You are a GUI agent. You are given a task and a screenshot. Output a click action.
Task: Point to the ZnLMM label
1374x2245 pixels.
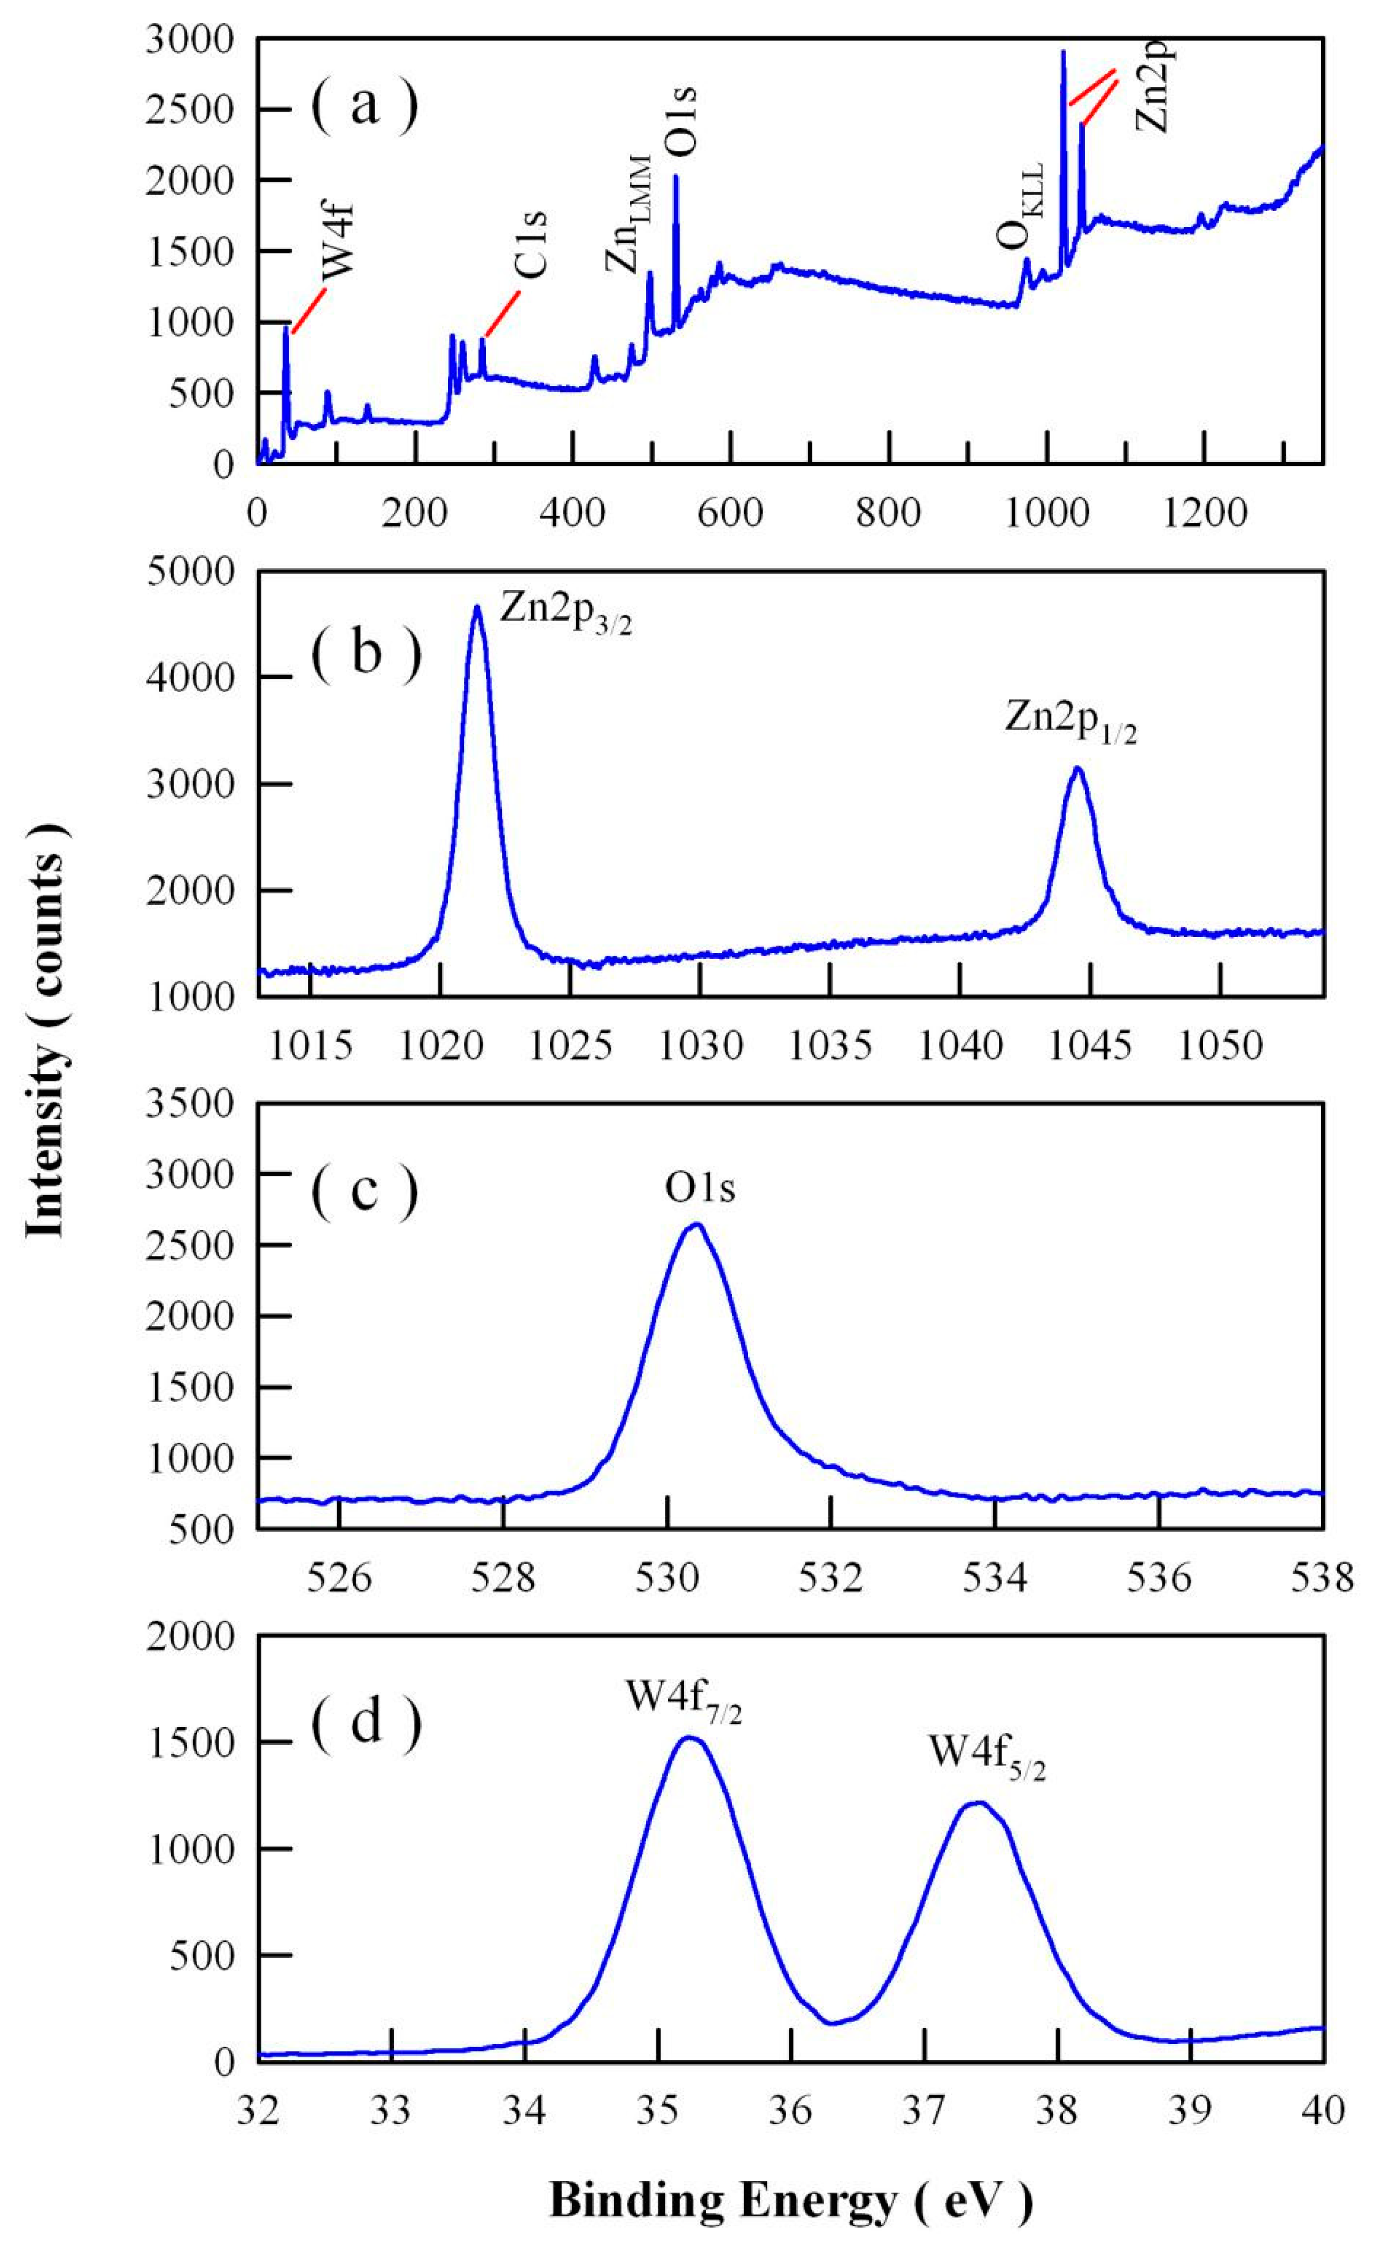[628, 215]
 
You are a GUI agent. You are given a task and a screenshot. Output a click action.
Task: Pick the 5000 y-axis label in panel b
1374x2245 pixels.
[201, 571]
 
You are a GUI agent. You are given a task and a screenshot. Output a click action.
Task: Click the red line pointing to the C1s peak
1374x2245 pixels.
[502, 314]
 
